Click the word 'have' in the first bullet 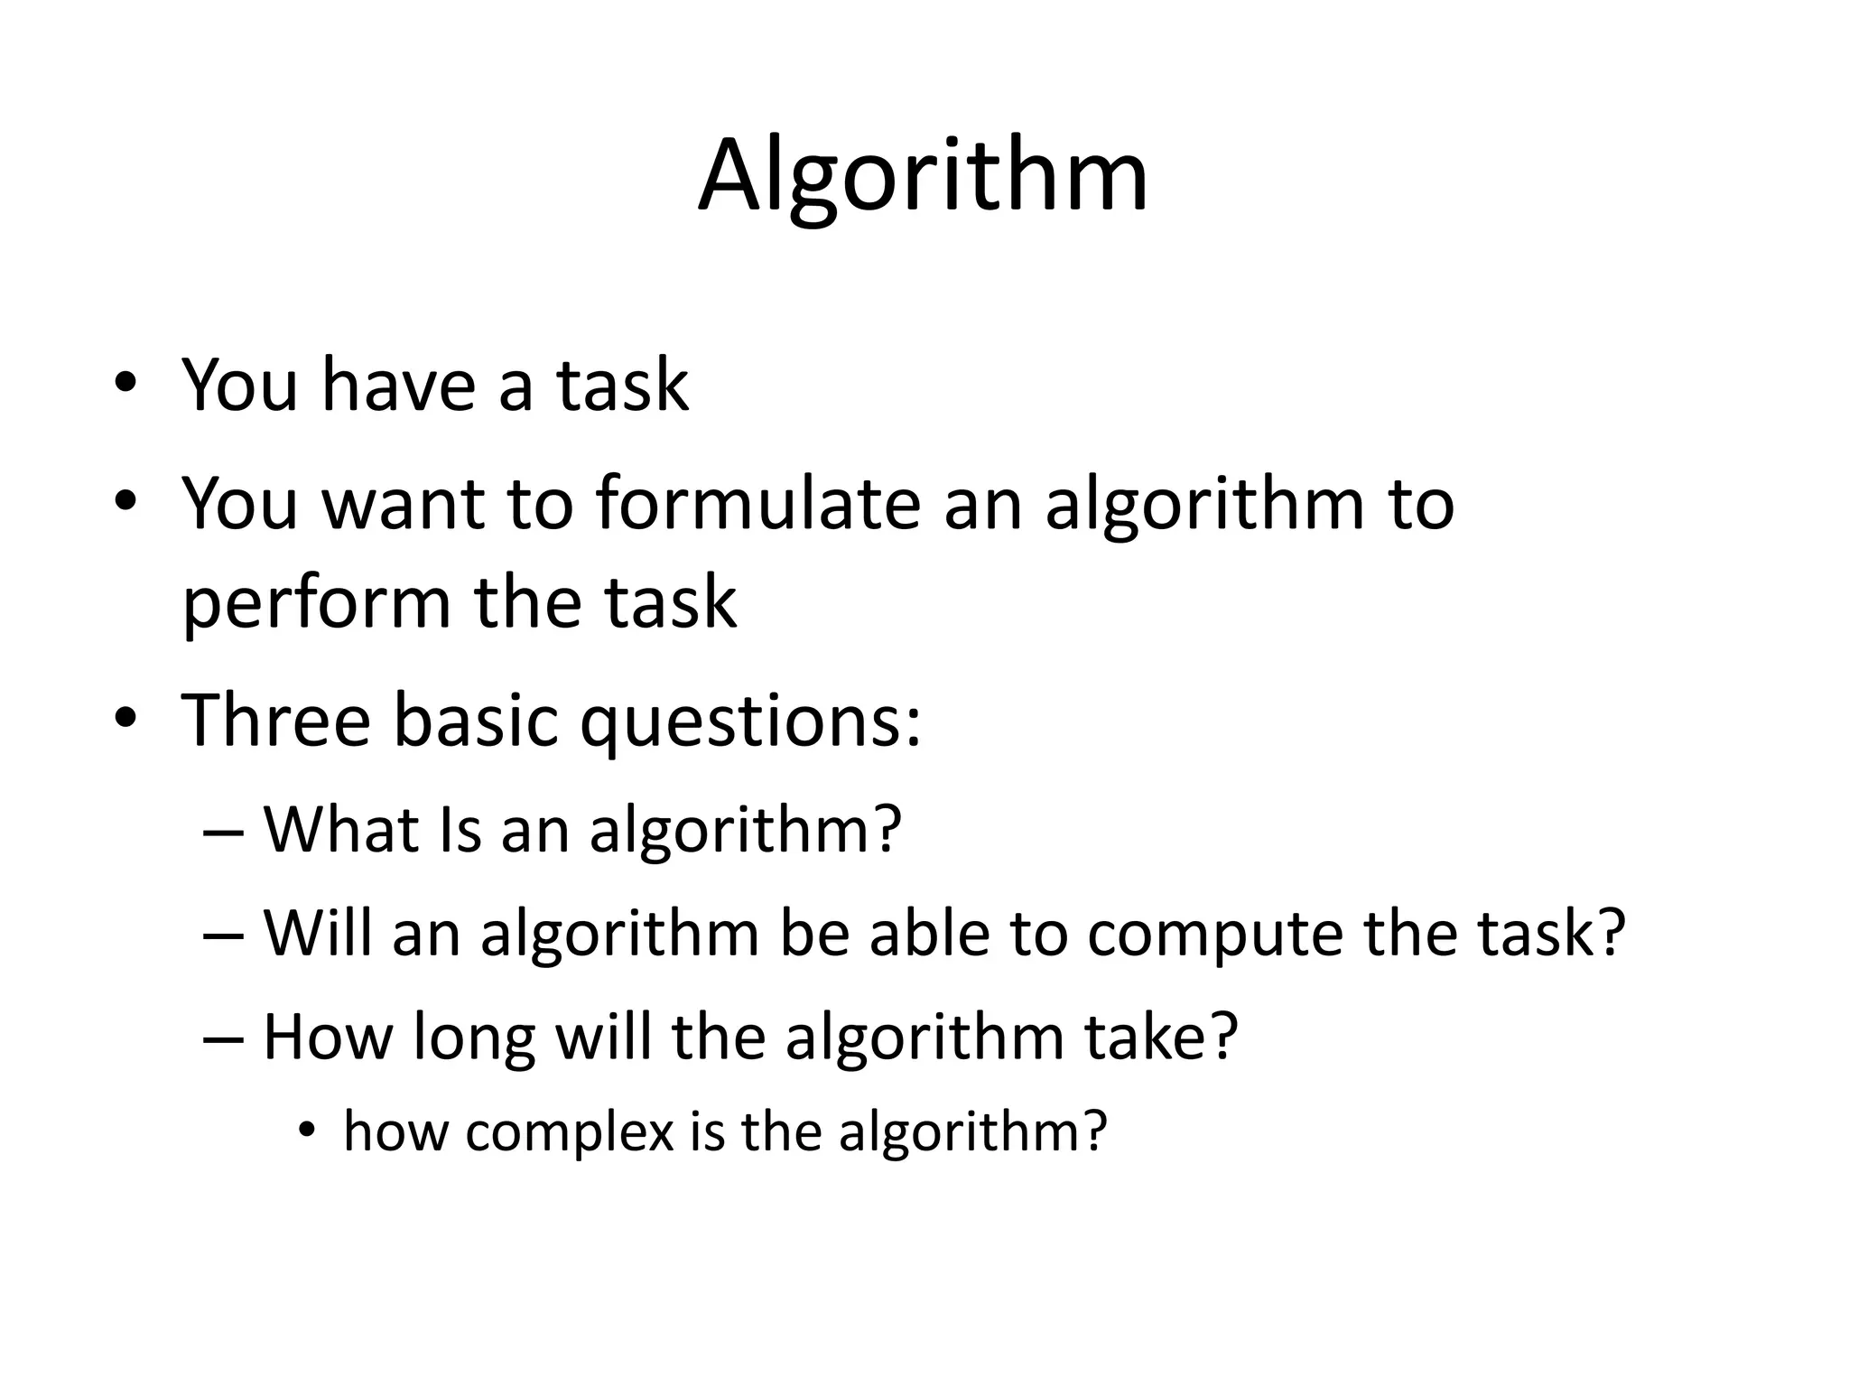tap(398, 385)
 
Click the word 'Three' tap(276, 720)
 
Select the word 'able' tap(929, 933)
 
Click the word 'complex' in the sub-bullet tap(570, 1132)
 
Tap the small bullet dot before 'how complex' tap(307, 1131)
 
